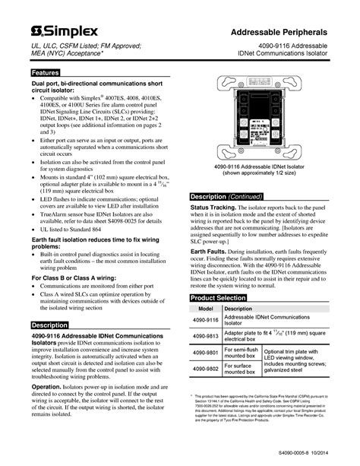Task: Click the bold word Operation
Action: [x=47, y=386]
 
